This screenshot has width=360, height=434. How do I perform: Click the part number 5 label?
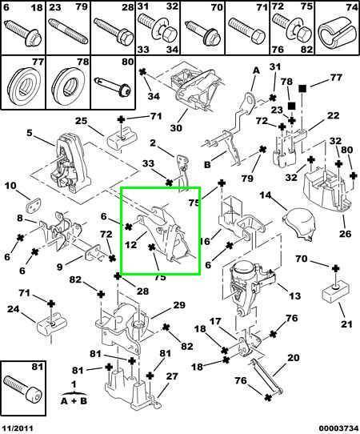[30, 133]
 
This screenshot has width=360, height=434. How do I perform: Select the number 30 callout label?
[176, 128]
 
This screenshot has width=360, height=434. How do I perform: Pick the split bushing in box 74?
[336, 34]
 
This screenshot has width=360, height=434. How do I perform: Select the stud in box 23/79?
[69, 30]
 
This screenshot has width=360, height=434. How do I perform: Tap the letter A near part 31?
[256, 70]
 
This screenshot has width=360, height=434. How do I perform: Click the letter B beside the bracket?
[208, 165]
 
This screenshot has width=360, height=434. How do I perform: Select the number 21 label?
[346, 323]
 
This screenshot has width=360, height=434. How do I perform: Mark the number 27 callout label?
[172, 376]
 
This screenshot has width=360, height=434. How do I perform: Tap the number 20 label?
[294, 357]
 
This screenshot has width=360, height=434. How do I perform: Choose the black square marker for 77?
[303, 88]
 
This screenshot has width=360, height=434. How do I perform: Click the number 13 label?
[294, 295]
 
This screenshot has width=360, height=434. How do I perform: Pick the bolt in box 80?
[113, 86]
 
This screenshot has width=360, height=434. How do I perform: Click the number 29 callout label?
[179, 305]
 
